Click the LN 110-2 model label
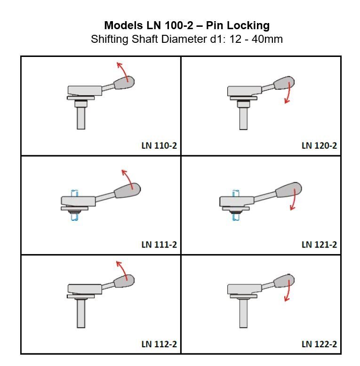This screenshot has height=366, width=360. [x=159, y=145]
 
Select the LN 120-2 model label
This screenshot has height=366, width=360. [x=319, y=145]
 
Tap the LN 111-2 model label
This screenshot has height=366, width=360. [x=159, y=245]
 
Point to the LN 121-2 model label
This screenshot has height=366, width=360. [x=319, y=245]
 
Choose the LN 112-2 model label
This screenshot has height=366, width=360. [x=159, y=344]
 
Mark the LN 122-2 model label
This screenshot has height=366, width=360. [x=319, y=344]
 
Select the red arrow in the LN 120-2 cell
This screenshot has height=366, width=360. [x=287, y=94]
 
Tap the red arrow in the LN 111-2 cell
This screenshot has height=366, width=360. [x=127, y=178]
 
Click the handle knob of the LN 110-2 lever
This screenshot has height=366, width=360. [x=125, y=83]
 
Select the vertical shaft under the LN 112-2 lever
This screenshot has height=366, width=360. [x=81, y=313]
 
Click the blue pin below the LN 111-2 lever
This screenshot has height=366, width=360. [x=74, y=217]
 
